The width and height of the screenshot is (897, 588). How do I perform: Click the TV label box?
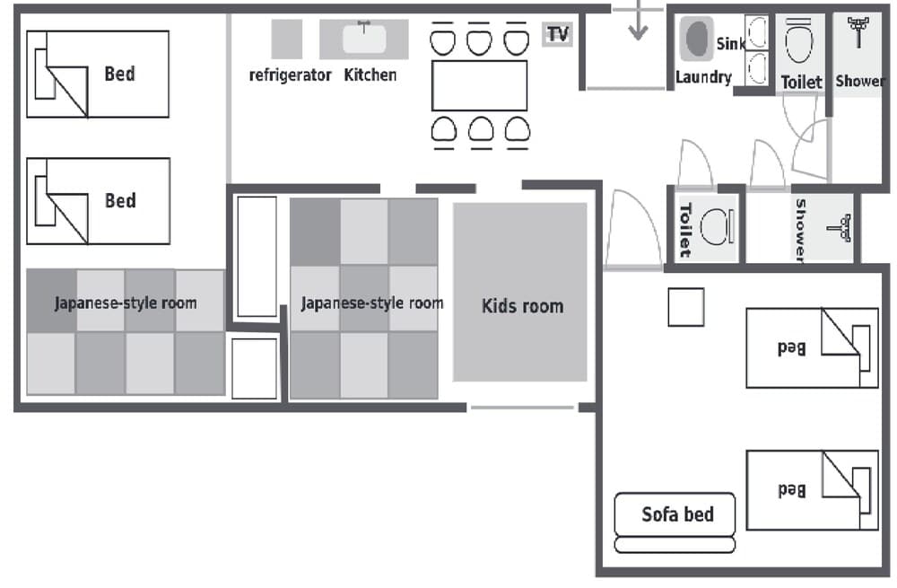pos(558,35)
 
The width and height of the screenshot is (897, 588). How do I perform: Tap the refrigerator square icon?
pos(287,39)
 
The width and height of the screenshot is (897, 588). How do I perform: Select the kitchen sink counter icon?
pos(364,39)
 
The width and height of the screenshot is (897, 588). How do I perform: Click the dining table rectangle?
pos(479,85)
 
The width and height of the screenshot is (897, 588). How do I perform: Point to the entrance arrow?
pos(638,23)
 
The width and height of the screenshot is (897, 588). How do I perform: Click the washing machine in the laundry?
pos(696,39)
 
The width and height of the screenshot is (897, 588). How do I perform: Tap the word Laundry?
pos(703,78)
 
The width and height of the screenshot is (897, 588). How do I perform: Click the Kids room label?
pos(522,306)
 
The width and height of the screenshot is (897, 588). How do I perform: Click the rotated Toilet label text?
pos(684,229)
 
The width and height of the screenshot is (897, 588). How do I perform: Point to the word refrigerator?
pos(290,75)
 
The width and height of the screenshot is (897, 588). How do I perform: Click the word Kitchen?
pos(370,75)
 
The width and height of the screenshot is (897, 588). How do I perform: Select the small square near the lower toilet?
pos(686,308)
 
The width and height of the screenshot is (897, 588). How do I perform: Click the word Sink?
pos(729,43)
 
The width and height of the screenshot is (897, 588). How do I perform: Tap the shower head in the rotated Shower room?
pos(841,228)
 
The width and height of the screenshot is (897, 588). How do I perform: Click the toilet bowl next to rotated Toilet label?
pos(717,228)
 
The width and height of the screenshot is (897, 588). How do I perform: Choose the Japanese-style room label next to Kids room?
pos(371,303)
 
